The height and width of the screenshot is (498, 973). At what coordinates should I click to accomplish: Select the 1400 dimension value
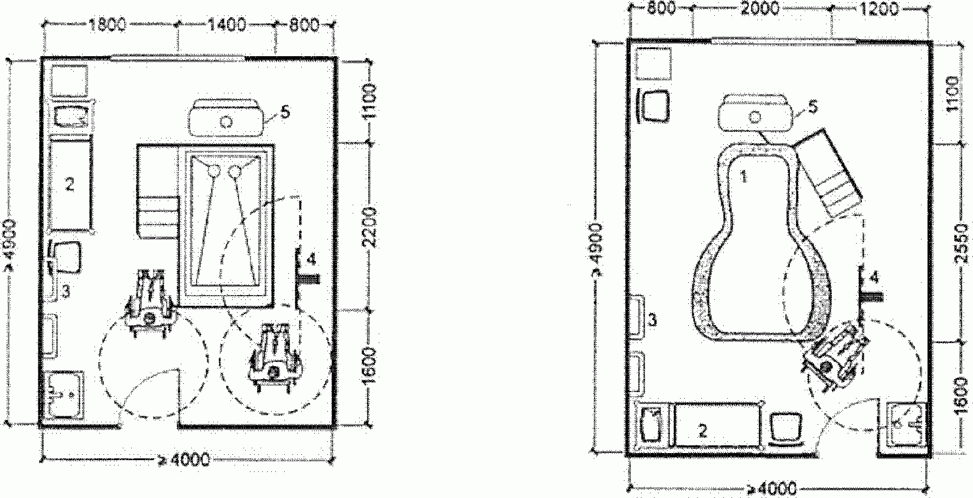[226, 25]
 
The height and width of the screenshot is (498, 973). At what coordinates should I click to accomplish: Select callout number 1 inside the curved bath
[744, 176]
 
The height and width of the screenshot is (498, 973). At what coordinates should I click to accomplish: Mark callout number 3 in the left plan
[67, 290]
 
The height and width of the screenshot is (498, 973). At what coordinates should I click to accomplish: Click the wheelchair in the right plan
[833, 355]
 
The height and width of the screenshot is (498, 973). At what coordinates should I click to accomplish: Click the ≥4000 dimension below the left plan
[188, 460]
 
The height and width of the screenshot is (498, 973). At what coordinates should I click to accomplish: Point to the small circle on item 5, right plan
[754, 117]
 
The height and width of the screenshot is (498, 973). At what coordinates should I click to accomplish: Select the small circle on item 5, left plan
[226, 122]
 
